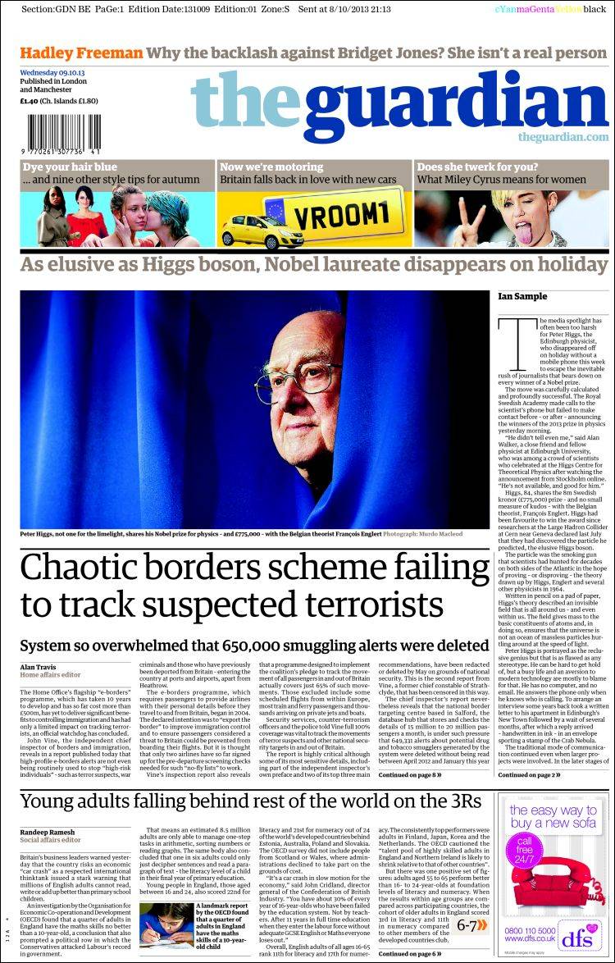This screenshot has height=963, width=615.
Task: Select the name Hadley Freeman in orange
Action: click(x=81, y=53)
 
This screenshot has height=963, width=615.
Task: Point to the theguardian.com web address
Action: click(x=563, y=137)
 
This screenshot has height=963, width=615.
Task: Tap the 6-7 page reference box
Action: click(x=471, y=925)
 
